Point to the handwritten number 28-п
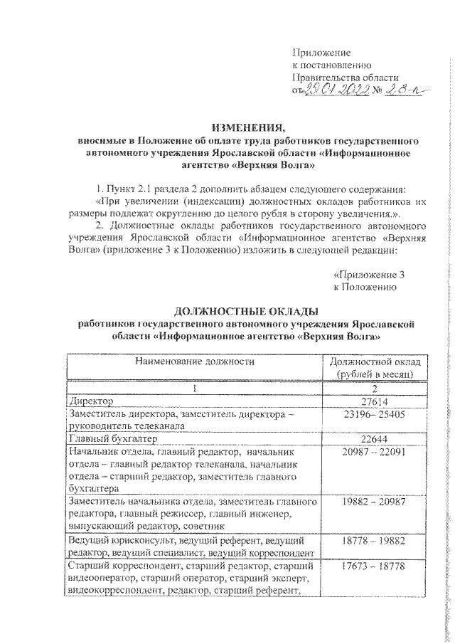click(x=400, y=90)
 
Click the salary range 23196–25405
click(x=374, y=413)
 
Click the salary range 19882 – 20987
click(x=374, y=501)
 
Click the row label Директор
click(x=88, y=402)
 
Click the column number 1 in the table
click(x=193, y=389)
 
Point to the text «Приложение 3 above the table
click(x=369, y=274)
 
